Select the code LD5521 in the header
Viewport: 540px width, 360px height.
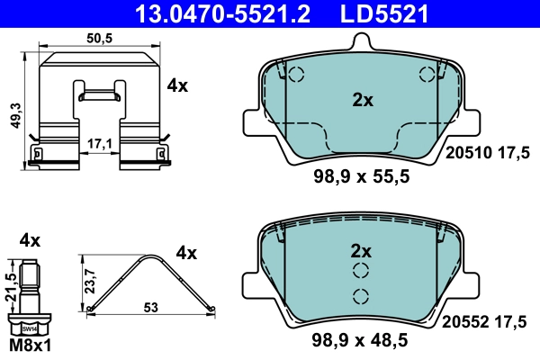point(381,13)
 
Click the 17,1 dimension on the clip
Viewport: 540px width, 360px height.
point(100,143)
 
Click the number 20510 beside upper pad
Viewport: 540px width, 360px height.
point(467,154)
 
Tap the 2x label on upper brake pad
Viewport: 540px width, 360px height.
point(362,101)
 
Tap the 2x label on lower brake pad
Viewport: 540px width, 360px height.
point(362,249)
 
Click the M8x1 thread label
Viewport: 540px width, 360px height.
point(29,346)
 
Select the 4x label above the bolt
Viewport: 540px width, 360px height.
point(30,240)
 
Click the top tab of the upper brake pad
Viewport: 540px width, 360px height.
point(362,41)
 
